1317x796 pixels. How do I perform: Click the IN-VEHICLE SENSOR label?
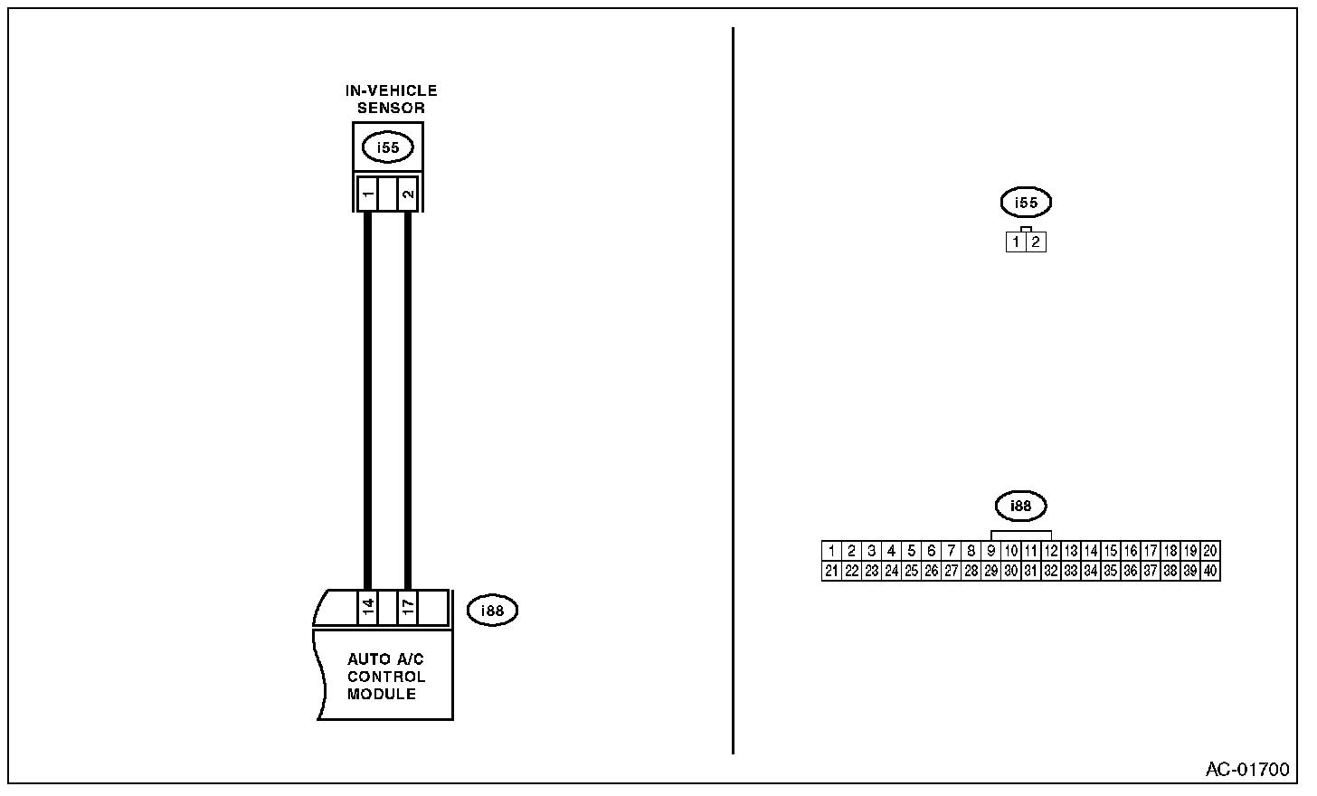[x=391, y=99]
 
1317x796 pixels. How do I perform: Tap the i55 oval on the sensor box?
[x=387, y=147]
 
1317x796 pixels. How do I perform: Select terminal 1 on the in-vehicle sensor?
[x=367, y=194]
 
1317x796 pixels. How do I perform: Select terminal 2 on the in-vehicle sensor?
[x=408, y=194]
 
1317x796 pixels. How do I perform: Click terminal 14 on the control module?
[x=367, y=608]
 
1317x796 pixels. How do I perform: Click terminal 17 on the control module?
[x=408, y=608]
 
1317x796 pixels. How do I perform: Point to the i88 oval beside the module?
[x=492, y=611]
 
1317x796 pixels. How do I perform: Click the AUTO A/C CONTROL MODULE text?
[x=386, y=677]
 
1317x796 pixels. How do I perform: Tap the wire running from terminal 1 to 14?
[x=367, y=398]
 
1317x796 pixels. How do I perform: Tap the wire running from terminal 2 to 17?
[x=408, y=398]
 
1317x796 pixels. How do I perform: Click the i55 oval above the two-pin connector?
[x=1026, y=203]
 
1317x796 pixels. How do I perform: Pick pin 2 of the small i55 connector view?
[x=1036, y=242]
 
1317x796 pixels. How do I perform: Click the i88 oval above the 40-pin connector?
[x=1020, y=506]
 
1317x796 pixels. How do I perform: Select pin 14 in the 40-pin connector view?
[x=1091, y=551]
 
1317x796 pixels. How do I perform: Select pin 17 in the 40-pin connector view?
[x=1151, y=551]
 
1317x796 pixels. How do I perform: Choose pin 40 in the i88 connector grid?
[x=1210, y=571]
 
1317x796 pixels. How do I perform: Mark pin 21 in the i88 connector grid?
[x=832, y=571]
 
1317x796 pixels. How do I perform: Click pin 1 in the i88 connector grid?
[x=832, y=551]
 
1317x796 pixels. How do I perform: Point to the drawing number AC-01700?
[x=1247, y=770]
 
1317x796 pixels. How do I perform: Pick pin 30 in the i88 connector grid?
[x=1011, y=571]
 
